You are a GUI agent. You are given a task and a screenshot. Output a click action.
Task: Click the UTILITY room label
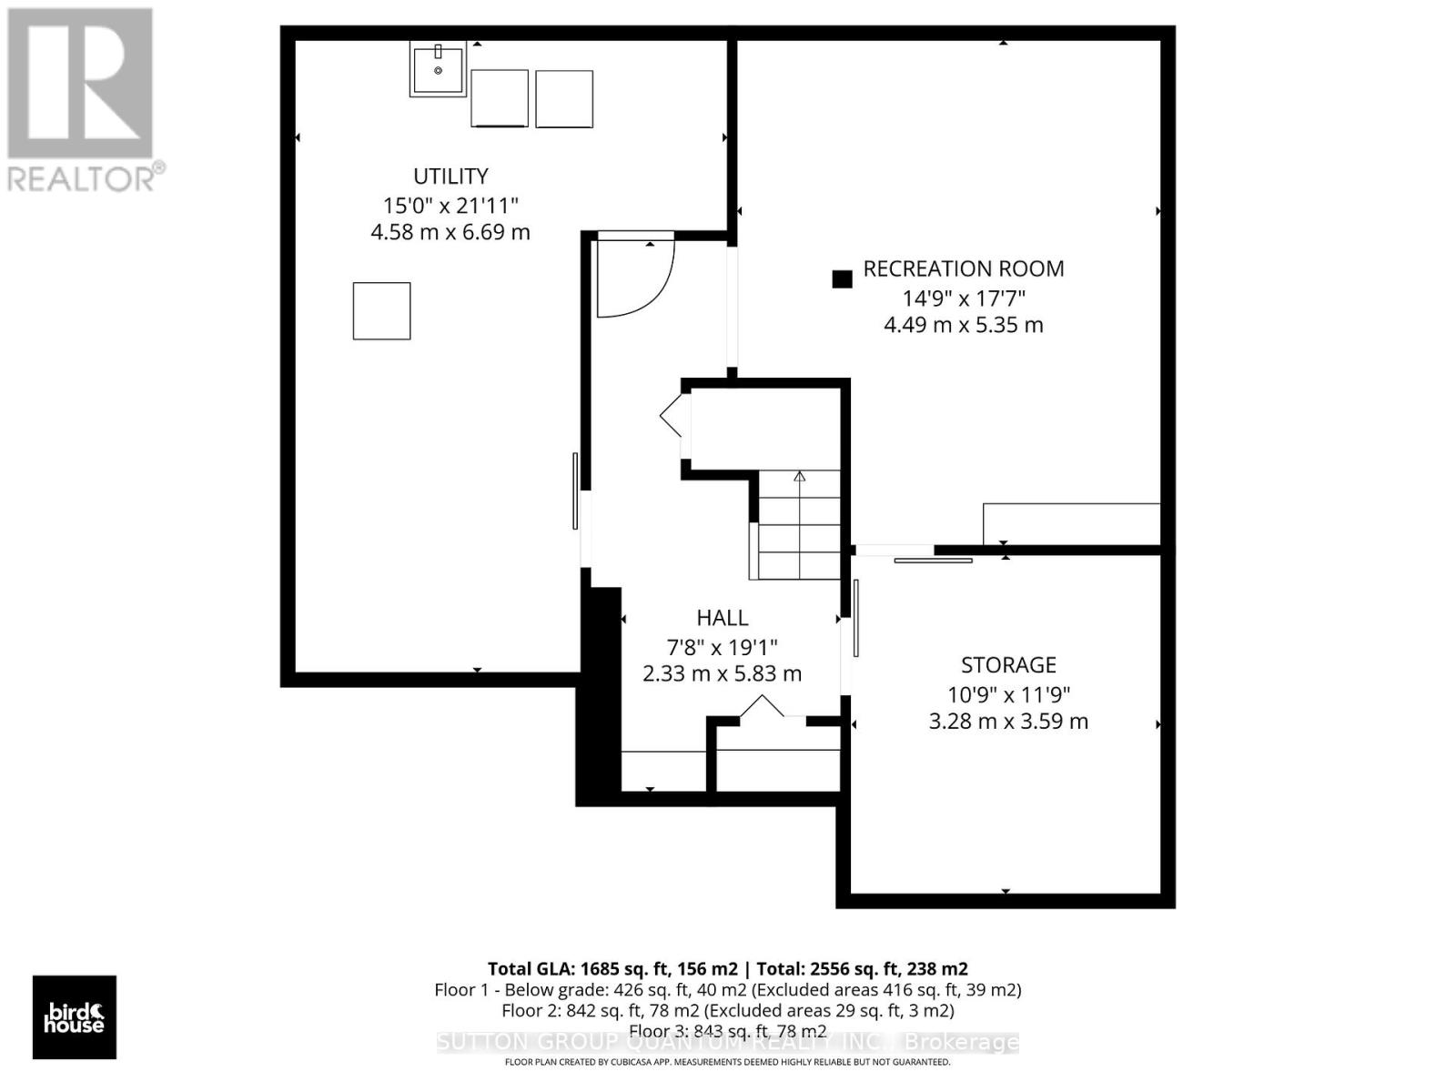[x=450, y=176]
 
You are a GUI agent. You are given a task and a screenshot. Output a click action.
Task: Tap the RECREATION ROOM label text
[x=963, y=268]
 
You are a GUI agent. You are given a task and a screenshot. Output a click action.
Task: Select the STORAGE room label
[x=1008, y=664]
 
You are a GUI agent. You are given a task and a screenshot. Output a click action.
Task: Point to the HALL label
[x=722, y=618]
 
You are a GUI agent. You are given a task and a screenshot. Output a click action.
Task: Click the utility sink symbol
[x=438, y=69]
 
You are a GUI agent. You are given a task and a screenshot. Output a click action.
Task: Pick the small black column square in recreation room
[x=842, y=279]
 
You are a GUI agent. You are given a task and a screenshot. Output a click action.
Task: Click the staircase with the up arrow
[x=799, y=525]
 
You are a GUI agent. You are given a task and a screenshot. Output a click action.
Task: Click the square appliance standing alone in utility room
[x=381, y=311]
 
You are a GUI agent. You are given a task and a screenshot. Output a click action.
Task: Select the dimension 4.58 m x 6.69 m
[x=450, y=232]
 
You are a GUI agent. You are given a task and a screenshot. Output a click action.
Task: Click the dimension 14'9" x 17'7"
[x=963, y=298]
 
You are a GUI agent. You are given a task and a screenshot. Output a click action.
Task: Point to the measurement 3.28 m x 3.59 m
[x=1008, y=722]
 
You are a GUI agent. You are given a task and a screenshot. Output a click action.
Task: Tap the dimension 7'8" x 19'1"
[x=722, y=647]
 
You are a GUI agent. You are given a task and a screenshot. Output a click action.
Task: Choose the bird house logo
[x=75, y=1017]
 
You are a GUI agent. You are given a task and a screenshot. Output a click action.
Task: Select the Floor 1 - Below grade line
[x=727, y=990]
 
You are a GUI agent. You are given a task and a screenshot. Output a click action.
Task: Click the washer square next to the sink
[x=500, y=98]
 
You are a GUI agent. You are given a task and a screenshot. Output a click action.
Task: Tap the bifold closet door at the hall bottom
[x=762, y=707]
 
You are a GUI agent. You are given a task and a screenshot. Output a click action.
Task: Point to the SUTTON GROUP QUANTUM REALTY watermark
[x=727, y=1042]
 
